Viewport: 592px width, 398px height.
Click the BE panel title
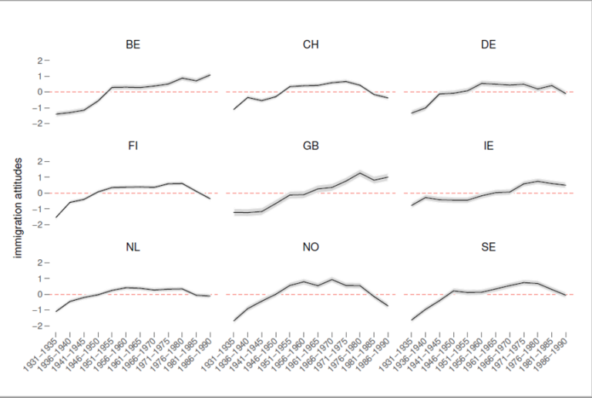[133, 45]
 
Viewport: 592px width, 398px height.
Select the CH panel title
[311, 45]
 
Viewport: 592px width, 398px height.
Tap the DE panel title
[489, 45]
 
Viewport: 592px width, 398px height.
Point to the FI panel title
[133, 146]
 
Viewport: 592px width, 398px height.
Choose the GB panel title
[311, 146]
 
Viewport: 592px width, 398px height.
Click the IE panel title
[489, 146]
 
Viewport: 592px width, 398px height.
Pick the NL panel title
[133, 247]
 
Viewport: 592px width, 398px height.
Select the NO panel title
[311, 247]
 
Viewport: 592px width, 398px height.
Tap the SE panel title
[489, 247]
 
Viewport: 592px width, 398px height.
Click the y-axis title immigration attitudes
[18, 208]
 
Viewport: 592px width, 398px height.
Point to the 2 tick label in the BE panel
[39, 60]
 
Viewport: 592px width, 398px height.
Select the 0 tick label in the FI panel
[39, 194]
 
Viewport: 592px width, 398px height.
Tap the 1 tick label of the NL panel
[39, 278]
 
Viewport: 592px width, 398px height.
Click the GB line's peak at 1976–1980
[360, 173]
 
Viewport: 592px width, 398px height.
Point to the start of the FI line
[55, 218]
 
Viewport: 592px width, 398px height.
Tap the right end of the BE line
[210, 75]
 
